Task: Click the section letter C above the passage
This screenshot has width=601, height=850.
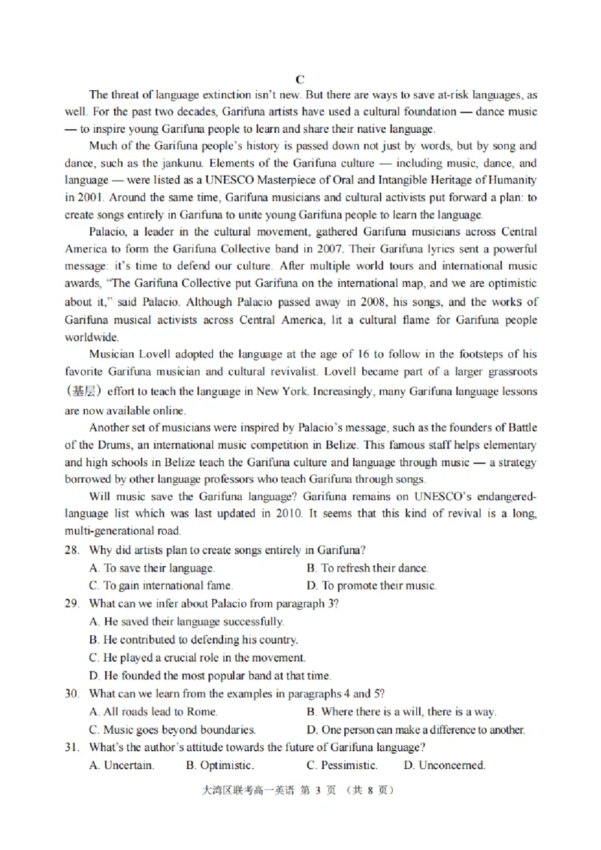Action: (x=300, y=79)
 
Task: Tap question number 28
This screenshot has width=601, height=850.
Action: (x=72, y=550)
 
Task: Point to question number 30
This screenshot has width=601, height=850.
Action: (x=72, y=694)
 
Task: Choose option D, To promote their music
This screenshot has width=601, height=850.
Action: (x=371, y=586)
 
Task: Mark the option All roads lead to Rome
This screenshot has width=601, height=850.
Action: (x=153, y=712)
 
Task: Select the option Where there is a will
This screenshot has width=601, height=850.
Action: (x=401, y=712)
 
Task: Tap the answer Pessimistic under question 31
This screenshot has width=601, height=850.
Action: (x=342, y=766)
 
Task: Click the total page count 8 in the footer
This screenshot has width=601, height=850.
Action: (x=371, y=790)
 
